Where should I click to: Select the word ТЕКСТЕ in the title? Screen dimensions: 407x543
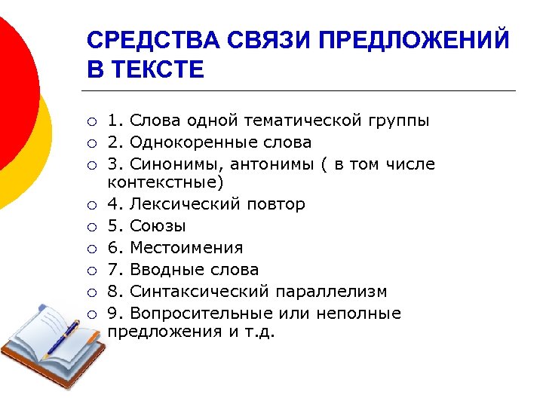point(158,70)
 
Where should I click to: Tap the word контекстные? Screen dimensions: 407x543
point(166,182)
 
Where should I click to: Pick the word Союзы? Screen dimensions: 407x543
point(158,226)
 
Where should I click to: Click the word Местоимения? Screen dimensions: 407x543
point(186,248)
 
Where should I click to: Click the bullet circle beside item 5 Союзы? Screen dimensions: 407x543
point(91,227)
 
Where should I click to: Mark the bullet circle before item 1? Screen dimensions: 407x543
point(91,121)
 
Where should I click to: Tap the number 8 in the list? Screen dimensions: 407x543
point(112,292)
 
